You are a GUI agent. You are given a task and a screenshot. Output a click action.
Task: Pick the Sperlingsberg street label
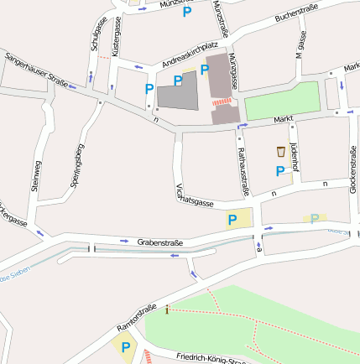(x=79, y=164)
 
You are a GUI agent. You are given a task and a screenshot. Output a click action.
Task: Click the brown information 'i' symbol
(x=167, y=310)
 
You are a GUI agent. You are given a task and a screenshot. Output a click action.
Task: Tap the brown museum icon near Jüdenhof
(x=280, y=152)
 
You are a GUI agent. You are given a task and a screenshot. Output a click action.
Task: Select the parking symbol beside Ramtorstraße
(x=126, y=346)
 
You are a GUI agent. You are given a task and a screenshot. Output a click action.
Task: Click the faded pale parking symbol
(x=315, y=219)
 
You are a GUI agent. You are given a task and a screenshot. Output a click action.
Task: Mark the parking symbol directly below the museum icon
(x=279, y=171)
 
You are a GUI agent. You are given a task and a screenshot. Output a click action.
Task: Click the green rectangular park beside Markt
(x=282, y=101)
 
